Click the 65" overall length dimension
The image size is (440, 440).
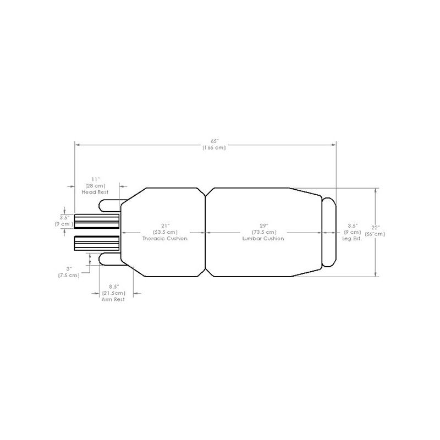(x=215, y=141)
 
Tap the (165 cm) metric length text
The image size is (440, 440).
(x=214, y=147)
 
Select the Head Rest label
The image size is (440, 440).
(x=95, y=192)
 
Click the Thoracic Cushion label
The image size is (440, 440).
(x=164, y=239)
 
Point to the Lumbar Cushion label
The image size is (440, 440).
(x=263, y=239)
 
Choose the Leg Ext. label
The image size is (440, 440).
(x=352, y=239)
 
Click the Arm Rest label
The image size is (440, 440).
(x=113, y=299)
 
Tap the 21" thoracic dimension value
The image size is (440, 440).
(x=166, y=226)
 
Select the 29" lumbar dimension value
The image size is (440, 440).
(x=264, y=226)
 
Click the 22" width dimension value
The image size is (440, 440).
(x=376, y=228)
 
